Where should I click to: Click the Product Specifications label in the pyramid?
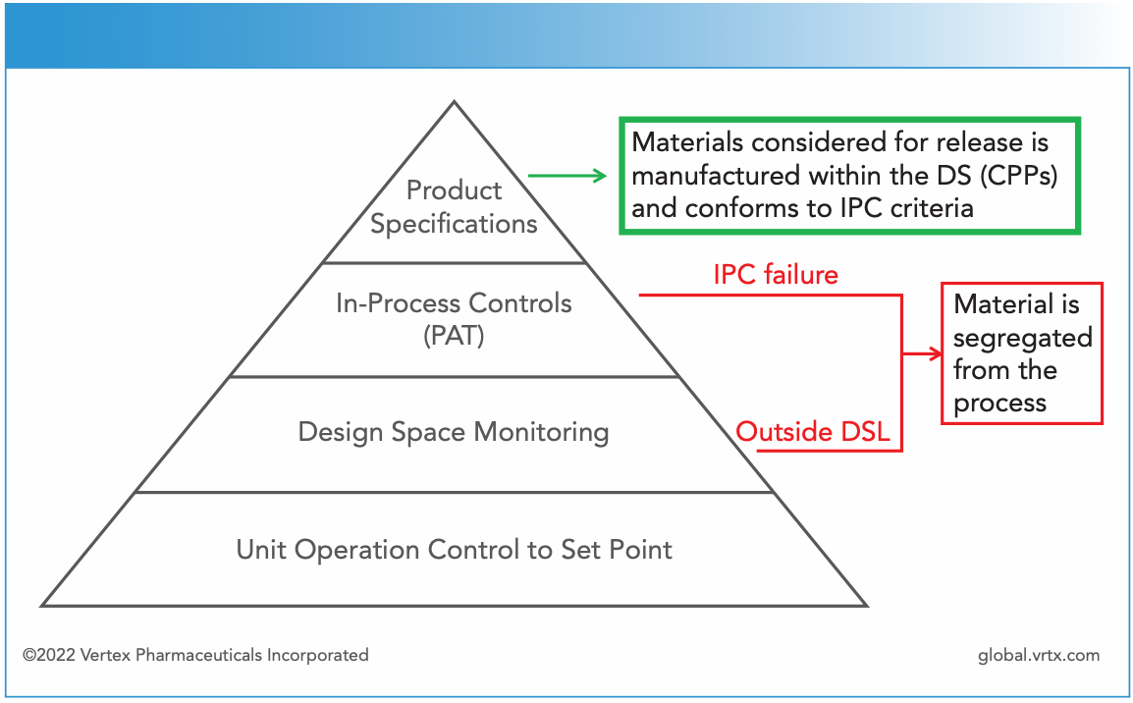click(x=454, y=206)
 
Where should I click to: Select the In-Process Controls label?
click(x=454, y=303)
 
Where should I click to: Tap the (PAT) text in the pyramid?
click(x=454, y=336)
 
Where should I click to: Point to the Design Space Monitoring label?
click(x=454, y=432)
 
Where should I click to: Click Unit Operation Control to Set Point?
click(x=454, y=549)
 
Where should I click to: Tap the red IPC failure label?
click(x=776, y=274)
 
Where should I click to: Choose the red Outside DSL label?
click(x=813, y=432)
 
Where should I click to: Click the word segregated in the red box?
click(x=1022, y=338)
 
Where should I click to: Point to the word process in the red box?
click(x=999, y=404)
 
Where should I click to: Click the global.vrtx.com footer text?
click(x=1039, y=655)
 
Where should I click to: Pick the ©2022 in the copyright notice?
click(x=47, y=655)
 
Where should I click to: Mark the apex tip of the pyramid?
click(x=454, y=102)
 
